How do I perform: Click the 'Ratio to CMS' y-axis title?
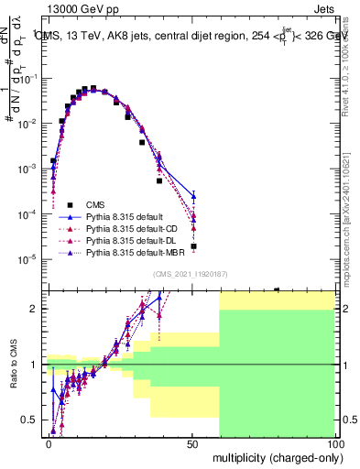(11, 365)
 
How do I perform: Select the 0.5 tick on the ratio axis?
(30, 420)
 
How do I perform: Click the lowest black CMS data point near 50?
(193, 246)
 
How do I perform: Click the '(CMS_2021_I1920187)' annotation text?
(191, 274)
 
